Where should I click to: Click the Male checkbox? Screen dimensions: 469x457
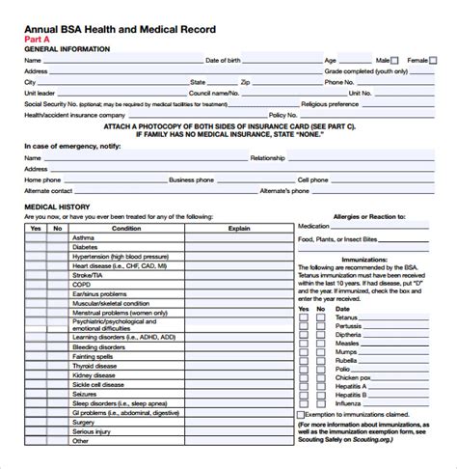pyautogui.click(x=395, y=60)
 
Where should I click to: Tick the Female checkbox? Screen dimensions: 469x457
pyautogui.click(x=433, y=60)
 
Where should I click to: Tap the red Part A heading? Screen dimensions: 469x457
pyautogui.click(x=36, y=38)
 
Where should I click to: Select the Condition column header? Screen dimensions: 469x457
pyautogui.click(x=126, y=228)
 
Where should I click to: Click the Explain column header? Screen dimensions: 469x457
pyautogui.click(x=238, y=228)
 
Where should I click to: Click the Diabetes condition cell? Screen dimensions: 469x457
pyautogui.click(x=87, y=248)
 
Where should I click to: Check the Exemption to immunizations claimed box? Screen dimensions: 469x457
pyautogui.click(x=302, y=388)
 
